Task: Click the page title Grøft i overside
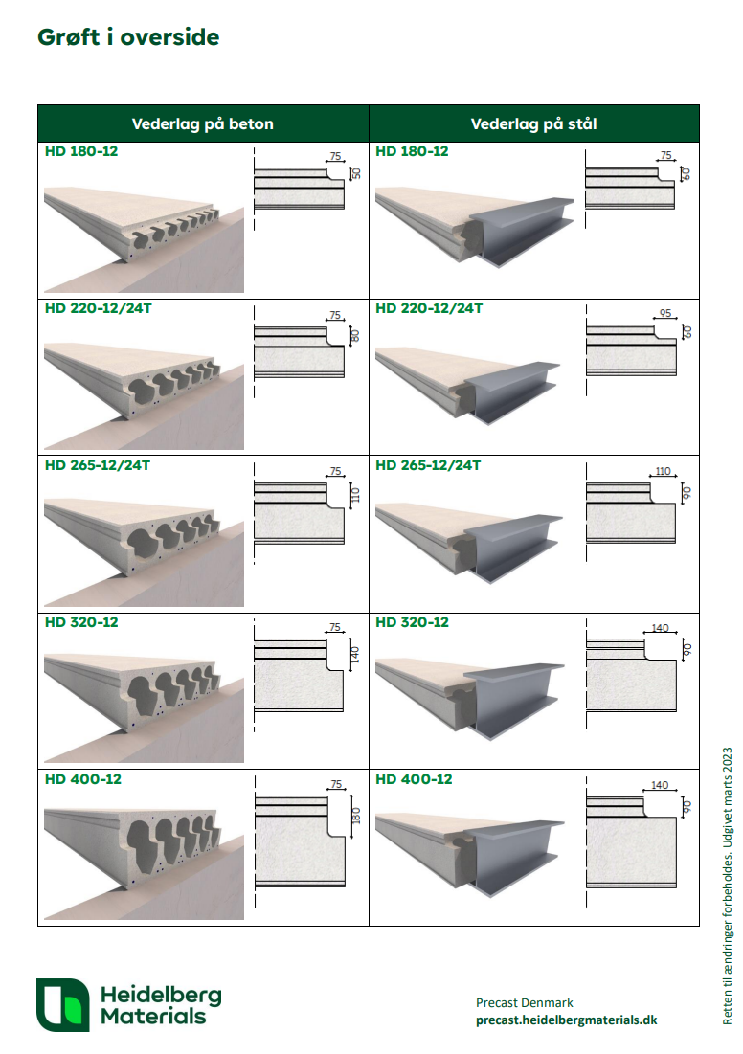click(x=128, y=37)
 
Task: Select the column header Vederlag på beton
click(x=202, y=123)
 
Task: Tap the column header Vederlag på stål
click(x=534, y=123)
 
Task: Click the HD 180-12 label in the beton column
click(x=81, y=151)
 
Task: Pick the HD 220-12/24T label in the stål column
click(x=429, y=308)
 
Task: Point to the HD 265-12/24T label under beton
click(x=98, y=465)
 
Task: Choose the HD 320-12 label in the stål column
click(x=412, y=622)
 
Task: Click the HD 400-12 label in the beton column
click(x=83, y=780)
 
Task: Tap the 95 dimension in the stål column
click(x=665, y=313)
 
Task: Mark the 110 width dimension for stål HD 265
click(x=663, y=471)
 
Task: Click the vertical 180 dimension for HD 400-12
click(x=356, y=816)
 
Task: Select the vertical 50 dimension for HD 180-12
click(x=356, y=172)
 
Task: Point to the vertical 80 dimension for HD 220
click(x=355, y=335)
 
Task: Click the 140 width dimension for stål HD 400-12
click(x=660, y=785)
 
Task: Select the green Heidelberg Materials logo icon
click(x=62, y=1005)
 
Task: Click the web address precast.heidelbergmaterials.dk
click(x=566, y=1020)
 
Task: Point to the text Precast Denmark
click(x=525, y=1003)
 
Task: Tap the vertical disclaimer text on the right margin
click(x=727, y=886)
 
